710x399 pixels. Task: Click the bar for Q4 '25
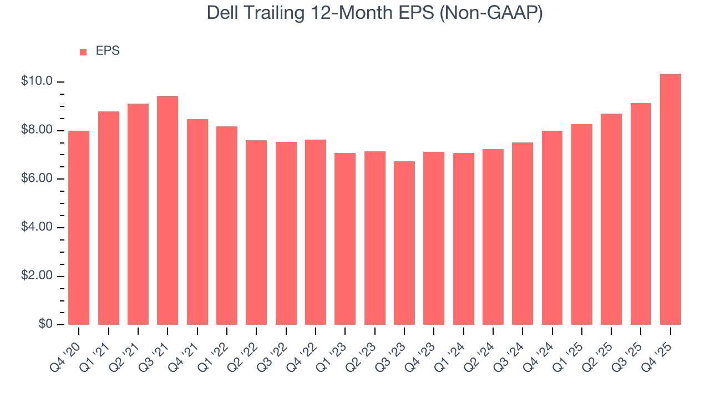coord(670,199)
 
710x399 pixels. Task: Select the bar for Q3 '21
coord(168,211)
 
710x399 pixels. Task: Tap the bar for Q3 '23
coord(404,243)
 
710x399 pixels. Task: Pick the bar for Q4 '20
coord(79,228)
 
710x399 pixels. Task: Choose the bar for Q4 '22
coord(316,232)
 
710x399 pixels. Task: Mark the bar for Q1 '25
coord(582,224)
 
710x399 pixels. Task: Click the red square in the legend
coord(83,52)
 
